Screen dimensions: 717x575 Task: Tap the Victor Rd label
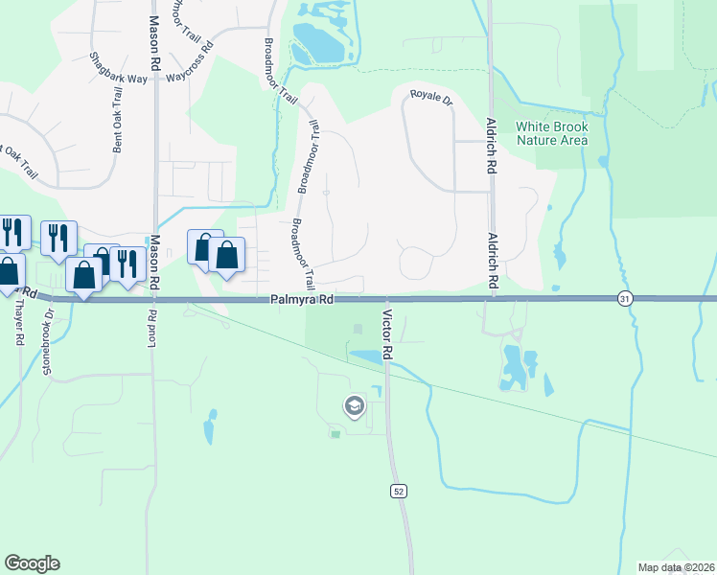click(x=388, y=334)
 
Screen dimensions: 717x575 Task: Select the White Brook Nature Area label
click(x=551, y=133)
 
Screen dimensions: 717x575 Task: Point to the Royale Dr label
click(x=431, y=97)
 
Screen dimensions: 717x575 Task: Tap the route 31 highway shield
click(x=625, y=299)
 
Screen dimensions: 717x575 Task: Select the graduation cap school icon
click(x=354, y=406)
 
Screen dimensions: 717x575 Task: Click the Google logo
click(x=32, y=563)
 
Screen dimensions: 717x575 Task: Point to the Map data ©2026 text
click(x=675, y=567)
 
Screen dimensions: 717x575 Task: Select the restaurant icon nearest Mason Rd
click(x=127, y=261)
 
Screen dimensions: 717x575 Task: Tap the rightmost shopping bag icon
click(x=227, y=256)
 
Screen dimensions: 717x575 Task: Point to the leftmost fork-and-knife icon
click(x=12, y=231)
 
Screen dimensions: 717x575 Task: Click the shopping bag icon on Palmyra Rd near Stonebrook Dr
click(x=84, y=275)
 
